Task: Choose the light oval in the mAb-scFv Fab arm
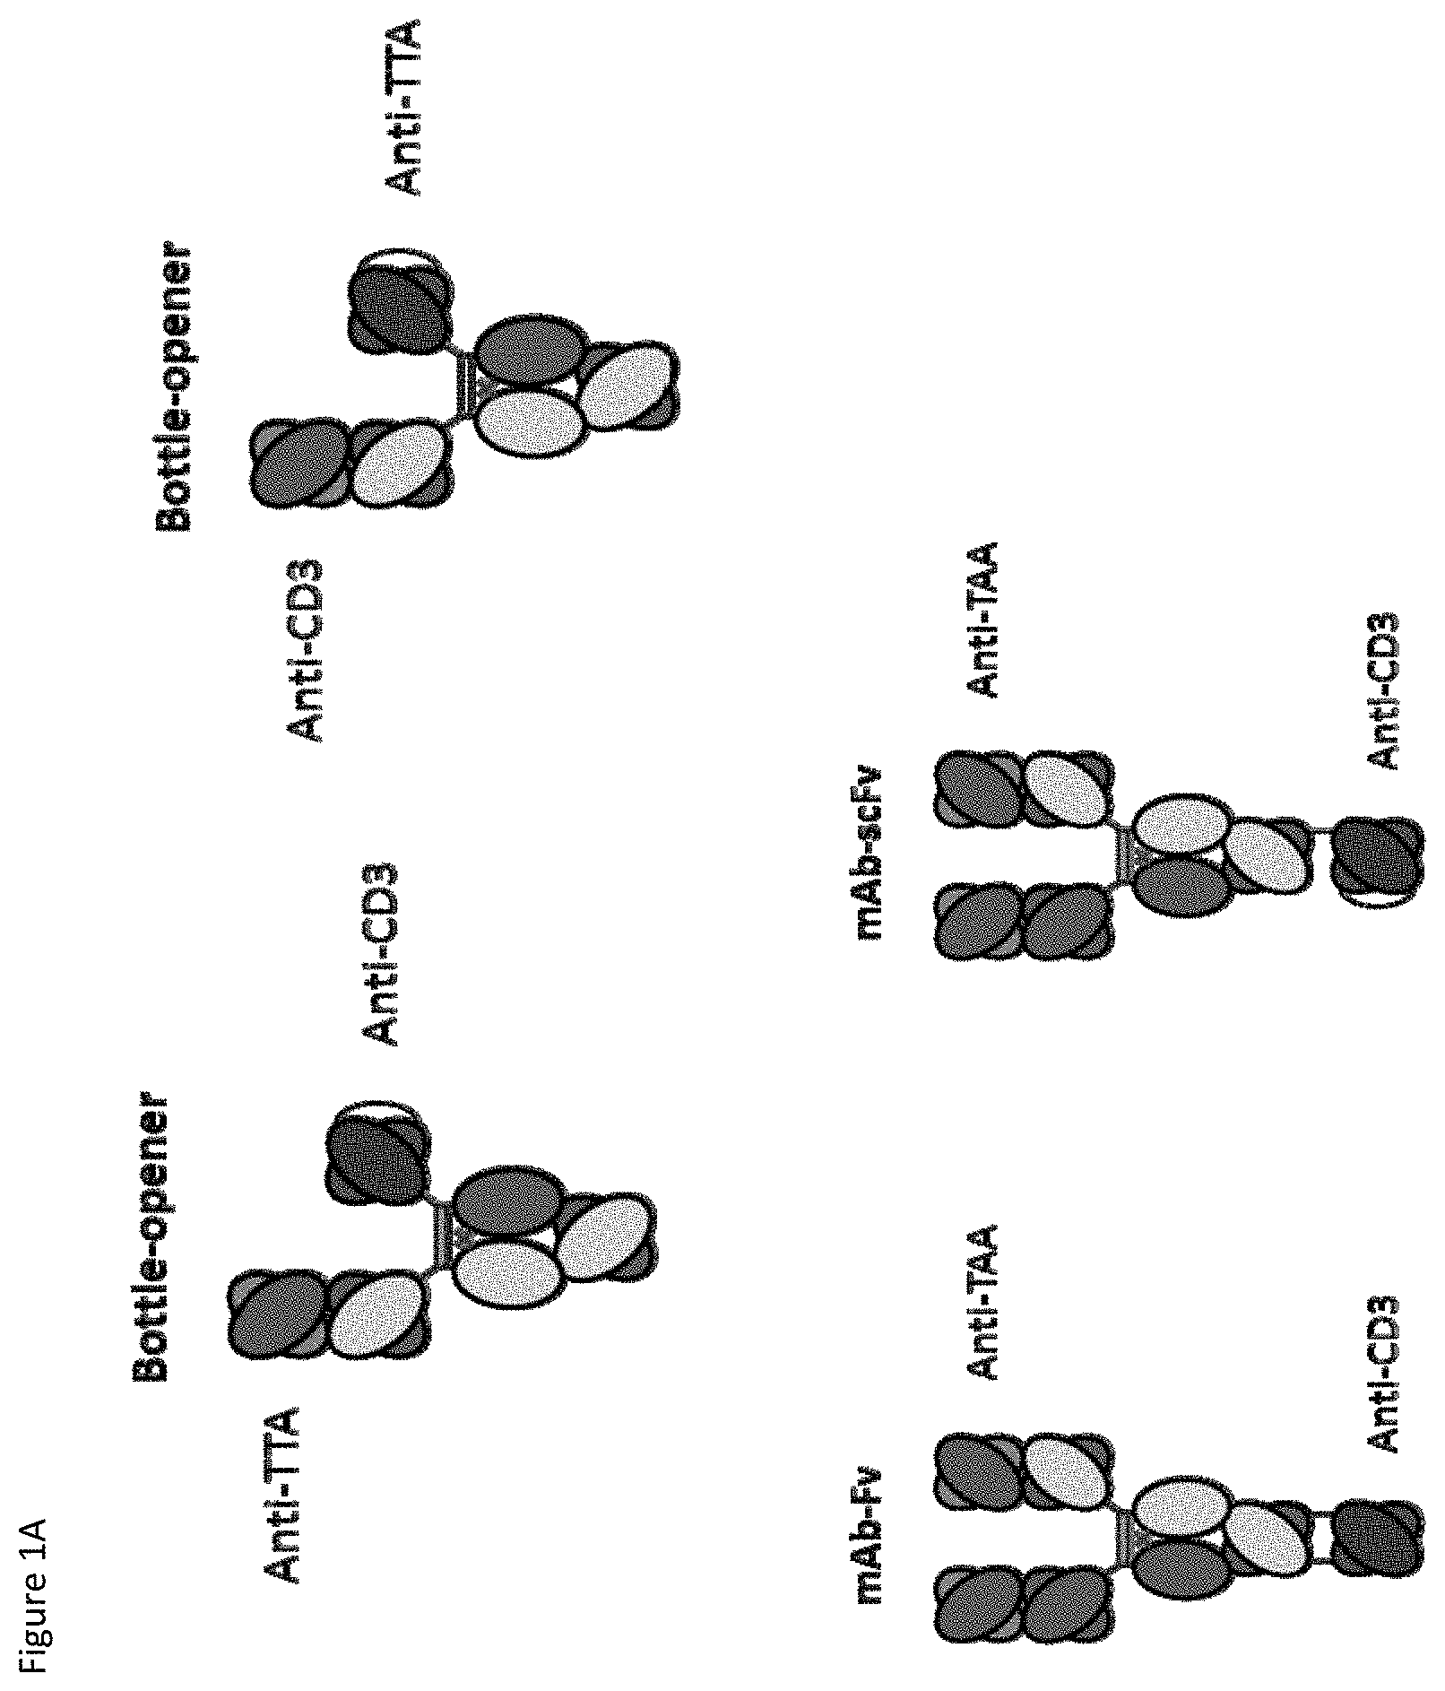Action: coord(1067,794)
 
